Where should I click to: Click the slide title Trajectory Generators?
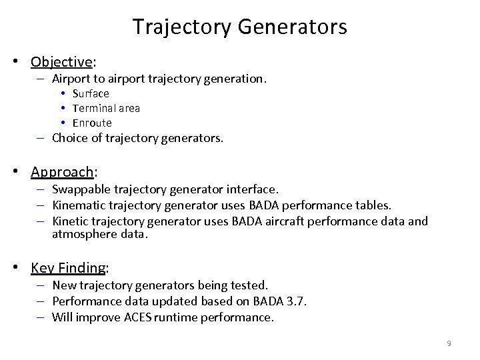[239, 27]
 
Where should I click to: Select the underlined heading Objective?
[61, 63]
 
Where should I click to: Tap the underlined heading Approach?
[62, 172]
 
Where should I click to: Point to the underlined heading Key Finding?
[68, 268]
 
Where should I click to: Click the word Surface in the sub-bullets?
[91, 94]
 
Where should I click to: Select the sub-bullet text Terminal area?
[106, 109]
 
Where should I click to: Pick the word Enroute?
[92, 123]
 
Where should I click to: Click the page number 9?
[449, 343]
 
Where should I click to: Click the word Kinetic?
[70, 221]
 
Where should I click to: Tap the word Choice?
[69, 139]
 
